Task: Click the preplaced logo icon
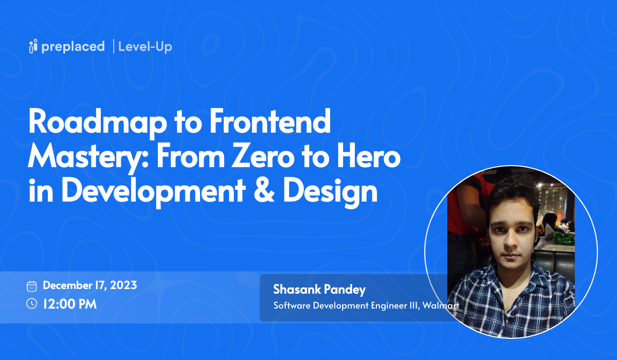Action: click(33, 46)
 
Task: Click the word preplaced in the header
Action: click(73, 47)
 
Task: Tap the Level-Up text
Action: click(145, 47)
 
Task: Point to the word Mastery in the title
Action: click(88, 157)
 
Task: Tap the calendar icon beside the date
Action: click(32, 286)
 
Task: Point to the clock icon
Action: click(32, 303)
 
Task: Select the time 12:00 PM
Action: click(70, 303)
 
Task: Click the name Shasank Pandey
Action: click(319, 290)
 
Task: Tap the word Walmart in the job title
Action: click(441, 305)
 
